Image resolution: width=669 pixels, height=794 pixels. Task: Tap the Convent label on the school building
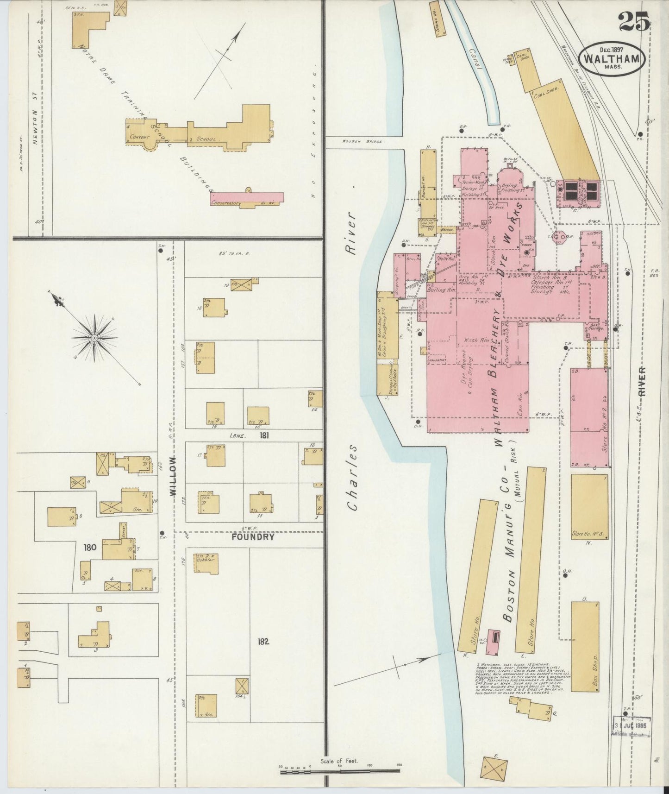138,137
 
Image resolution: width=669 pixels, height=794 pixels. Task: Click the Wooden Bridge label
362,141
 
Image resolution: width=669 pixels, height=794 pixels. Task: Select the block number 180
90,547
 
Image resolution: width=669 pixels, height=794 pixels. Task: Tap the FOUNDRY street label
253,537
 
